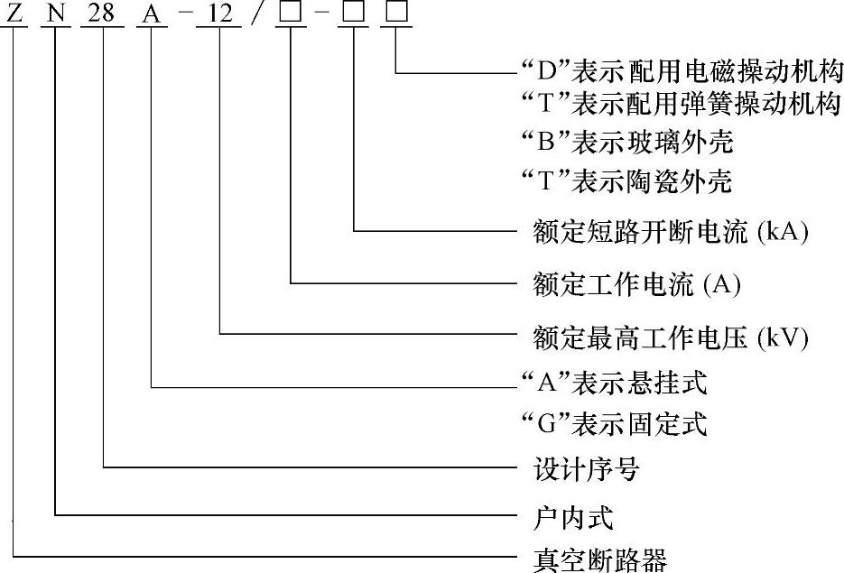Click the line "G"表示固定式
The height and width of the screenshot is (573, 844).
point(615,423)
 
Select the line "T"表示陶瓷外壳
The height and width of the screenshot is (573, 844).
point(628,182)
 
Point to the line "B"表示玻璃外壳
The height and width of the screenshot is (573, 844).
point(628,143)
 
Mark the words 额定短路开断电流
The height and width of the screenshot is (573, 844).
point(642,232)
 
